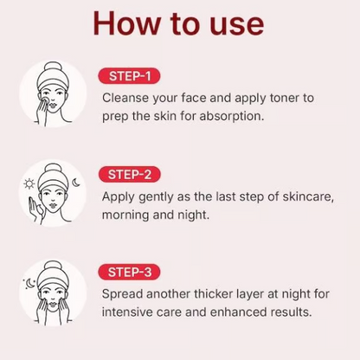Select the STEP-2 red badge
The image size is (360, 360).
click(x=129, y=175)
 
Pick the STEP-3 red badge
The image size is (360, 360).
click(x=129, y=272)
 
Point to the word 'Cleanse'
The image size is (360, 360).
click(x=126, y=98)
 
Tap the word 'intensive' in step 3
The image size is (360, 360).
click(x=131, y=312)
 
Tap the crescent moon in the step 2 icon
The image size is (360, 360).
click(x=76, y=183)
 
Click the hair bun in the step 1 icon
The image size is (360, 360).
click(x=53, y=65)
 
